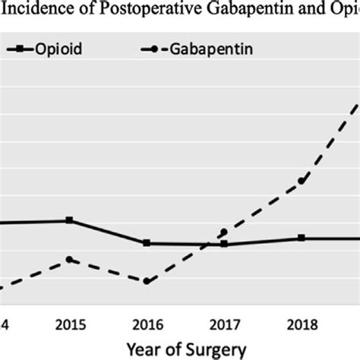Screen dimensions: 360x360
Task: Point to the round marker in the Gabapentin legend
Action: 156,50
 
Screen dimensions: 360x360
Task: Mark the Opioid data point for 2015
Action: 70,220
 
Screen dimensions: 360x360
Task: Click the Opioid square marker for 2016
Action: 147,243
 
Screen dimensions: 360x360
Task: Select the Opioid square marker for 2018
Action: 301,238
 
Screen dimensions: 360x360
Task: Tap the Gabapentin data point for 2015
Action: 70,260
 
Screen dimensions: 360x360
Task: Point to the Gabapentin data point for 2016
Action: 147,281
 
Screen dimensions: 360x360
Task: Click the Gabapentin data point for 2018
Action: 301,181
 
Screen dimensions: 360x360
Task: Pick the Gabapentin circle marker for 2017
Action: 224,232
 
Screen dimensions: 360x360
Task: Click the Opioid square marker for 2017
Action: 224,244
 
